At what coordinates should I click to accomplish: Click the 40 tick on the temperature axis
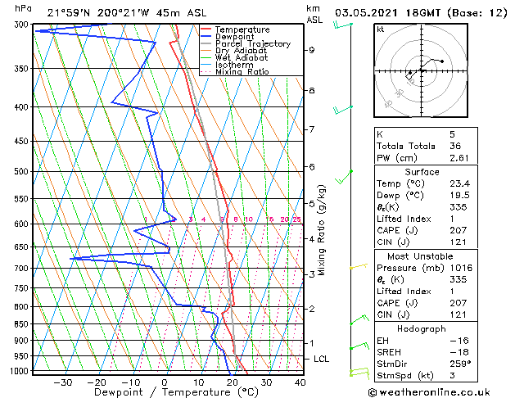[x=300, y=382]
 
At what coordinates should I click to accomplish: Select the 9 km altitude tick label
[x=312, y=50]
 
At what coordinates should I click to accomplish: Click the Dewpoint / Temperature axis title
[x=165, y=392]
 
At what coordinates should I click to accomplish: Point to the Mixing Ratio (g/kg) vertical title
[x=323, y=230]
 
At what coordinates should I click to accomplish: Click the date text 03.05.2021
[x=373, y=12]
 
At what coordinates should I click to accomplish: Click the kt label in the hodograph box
[x=380, y=29]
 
